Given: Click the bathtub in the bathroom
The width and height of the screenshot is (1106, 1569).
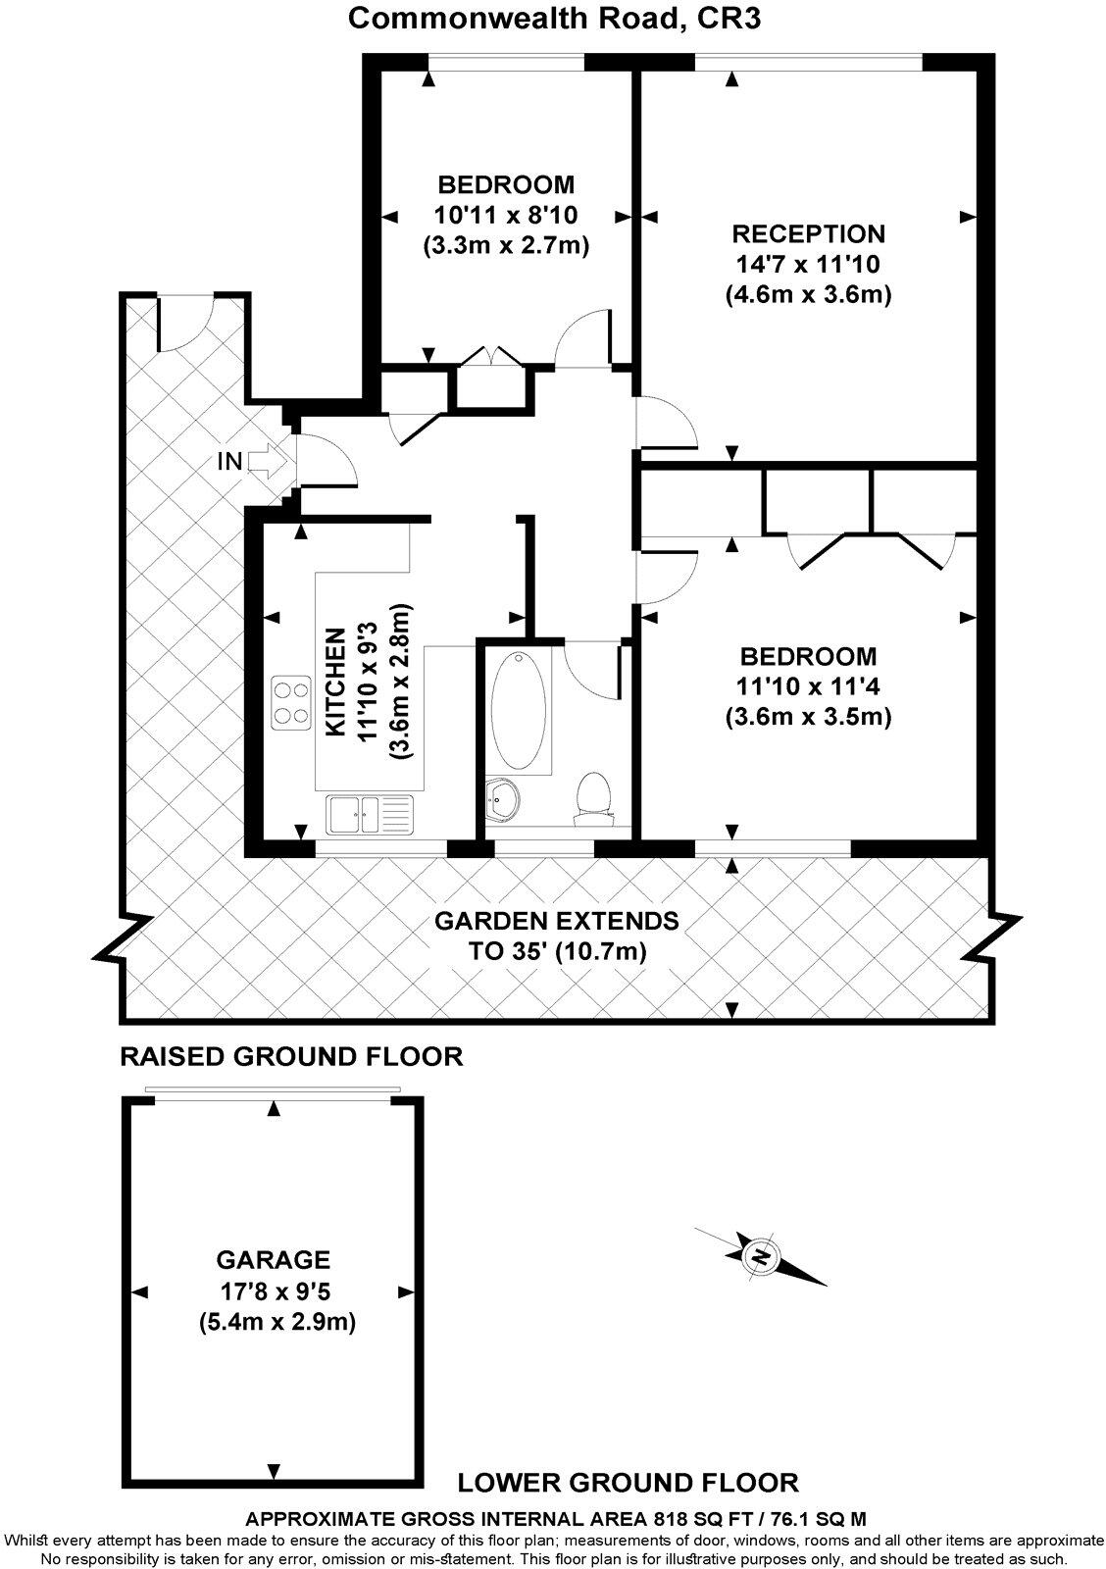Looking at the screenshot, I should [519, 710].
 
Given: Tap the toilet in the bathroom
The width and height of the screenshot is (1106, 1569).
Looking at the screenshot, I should [593, 793].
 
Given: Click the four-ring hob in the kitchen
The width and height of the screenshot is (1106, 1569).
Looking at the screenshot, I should [290, 704].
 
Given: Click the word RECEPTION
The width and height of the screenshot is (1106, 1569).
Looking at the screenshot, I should [809, 234].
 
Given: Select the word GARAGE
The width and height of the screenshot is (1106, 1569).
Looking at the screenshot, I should [274, 1259].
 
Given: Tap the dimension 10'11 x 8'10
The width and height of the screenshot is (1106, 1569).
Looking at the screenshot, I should [506, 215].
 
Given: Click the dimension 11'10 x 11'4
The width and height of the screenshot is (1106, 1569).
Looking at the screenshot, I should [808, 686].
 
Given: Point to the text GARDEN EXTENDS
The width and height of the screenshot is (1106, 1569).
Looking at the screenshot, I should [556, 921].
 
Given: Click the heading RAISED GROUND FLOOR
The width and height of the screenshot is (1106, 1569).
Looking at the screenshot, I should [290, 1056].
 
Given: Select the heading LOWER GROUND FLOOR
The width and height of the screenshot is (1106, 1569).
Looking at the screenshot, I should [628, 1482].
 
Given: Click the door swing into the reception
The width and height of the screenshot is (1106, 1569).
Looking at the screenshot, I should [666, 421].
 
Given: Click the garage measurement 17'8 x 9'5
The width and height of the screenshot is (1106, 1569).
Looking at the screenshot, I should [274, 1291].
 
